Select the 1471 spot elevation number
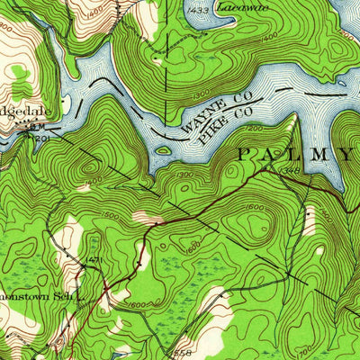[x=94, y=260]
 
